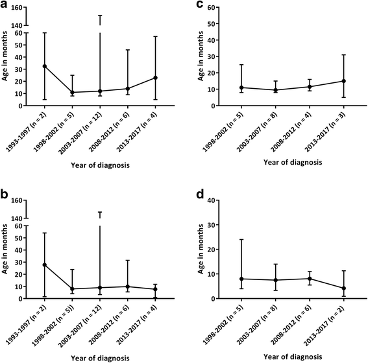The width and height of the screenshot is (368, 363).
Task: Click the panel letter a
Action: (x=5, y=6)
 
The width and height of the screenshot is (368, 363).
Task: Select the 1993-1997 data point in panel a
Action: (x=44, y=66)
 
